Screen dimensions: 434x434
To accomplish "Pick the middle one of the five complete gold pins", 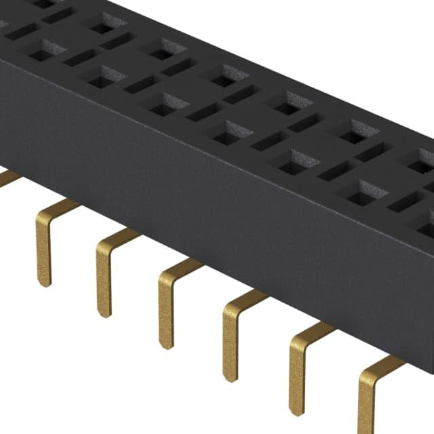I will click(x=166, y=309).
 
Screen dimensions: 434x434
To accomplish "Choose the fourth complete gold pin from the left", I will click(x=231, y=339).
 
